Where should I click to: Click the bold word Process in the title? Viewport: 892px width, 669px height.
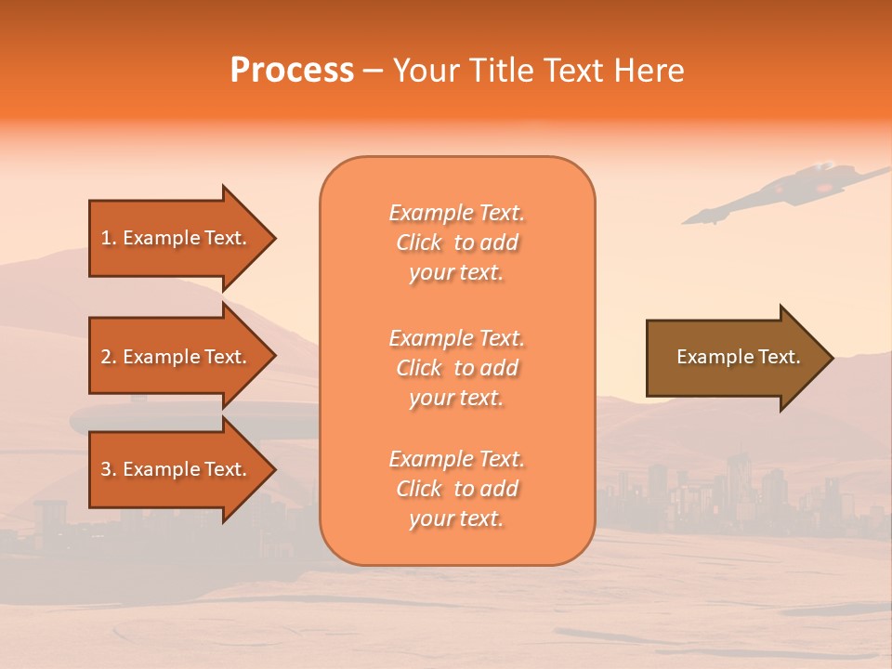(292, 71)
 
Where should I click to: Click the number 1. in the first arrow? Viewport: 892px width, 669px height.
(109, 238)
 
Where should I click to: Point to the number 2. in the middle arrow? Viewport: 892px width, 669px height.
(109, 357)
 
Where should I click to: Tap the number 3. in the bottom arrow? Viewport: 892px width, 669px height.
(109, 469)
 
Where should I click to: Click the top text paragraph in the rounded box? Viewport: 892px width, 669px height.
(456, 243)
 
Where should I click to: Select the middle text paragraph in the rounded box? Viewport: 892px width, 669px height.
(456, 368)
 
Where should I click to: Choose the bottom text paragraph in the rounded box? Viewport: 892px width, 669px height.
(456, 489)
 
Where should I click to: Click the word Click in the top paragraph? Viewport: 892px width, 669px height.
(419, 243)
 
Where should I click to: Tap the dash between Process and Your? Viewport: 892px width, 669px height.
(374, 72)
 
